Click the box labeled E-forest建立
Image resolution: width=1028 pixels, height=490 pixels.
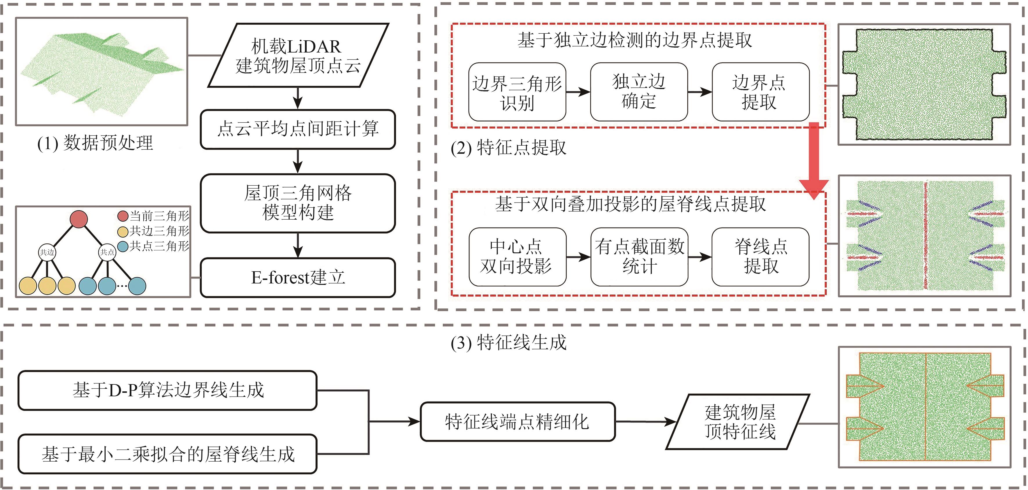298,278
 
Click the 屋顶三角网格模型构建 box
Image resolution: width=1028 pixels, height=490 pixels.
298,203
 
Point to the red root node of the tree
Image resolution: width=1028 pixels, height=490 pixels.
79,219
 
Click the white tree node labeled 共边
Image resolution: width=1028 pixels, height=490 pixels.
47,252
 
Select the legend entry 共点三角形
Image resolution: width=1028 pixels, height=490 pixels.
154,246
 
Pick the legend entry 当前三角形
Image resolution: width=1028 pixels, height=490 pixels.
154,216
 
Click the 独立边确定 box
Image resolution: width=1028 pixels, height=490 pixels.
639,92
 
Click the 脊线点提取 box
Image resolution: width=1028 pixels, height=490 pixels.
760,256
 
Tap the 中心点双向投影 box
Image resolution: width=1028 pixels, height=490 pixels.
517,256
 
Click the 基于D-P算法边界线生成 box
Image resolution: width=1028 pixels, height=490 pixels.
168,390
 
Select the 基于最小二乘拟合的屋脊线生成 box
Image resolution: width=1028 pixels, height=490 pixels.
168,454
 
